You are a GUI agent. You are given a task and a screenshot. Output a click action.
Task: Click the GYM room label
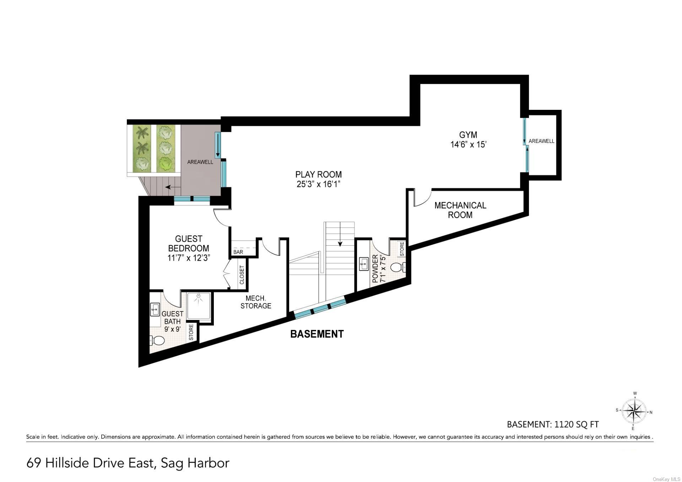[468, 135]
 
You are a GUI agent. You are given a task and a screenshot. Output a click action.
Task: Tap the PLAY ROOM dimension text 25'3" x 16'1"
[318, 184]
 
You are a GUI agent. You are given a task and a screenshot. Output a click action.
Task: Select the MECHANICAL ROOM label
[460, 210]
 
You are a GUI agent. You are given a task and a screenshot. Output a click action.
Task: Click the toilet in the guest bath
[158, 341]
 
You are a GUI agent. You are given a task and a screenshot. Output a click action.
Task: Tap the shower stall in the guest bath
[199, 305]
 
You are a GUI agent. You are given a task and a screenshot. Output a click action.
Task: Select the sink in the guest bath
[155, 309]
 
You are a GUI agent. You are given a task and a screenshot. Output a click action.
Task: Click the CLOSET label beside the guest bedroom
[242, 275]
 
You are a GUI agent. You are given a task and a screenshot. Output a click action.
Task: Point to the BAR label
[238, 252]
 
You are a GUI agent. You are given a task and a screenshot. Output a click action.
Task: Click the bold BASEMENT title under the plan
[317, 334]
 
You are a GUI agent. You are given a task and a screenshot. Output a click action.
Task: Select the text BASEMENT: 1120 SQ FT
[552, 424]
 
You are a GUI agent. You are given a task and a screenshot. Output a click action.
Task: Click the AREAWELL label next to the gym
[541, 141]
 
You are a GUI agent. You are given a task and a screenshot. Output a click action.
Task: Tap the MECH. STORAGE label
[255, 302]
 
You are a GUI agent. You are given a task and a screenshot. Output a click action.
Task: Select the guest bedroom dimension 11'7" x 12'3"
[189, 258]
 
